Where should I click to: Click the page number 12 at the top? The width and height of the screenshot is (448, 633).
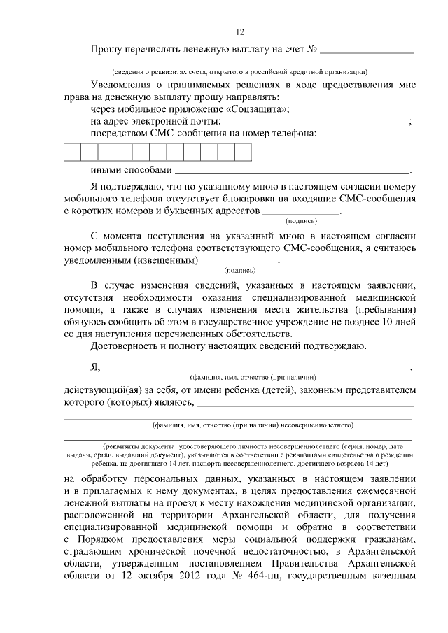pyautogui.click(x=240, y=32)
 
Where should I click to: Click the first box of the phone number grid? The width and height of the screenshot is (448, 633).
pyautogui.click(x=73, y=152)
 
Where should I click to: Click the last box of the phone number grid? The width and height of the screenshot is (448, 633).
pyautogui.click(x=242, y=152)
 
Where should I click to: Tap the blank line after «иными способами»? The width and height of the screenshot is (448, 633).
pyautogui.click(x=292, y=170)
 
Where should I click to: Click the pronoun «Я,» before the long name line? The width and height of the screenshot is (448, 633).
pyautogui.click(x=96, y=368)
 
